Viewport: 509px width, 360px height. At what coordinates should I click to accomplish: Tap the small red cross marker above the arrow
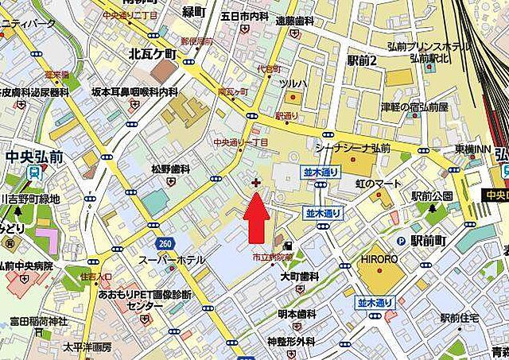pyautogui.click(x=254, y=183)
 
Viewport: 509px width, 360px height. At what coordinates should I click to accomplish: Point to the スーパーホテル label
pyautogui.click(x=172, y=260)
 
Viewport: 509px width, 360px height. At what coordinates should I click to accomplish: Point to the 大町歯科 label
pyautogui.click(x=299, y=277)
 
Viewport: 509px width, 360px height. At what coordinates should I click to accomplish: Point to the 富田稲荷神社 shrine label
pyautogui.click(x=37, y=322)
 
